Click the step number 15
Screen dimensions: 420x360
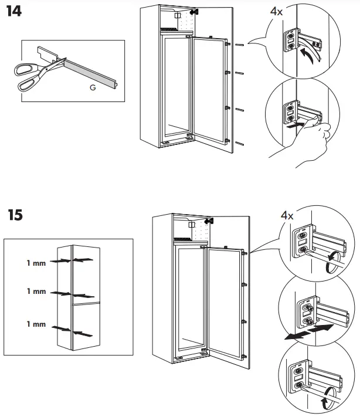(x=16, y=215)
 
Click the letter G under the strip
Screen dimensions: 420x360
(x=93, y=87)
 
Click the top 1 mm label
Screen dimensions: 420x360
(x=36, y=263)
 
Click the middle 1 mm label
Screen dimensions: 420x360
(x=36, y=291)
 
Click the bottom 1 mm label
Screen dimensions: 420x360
(x=36, y=324)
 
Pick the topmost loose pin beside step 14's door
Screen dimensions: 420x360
(x=239, y=45)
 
